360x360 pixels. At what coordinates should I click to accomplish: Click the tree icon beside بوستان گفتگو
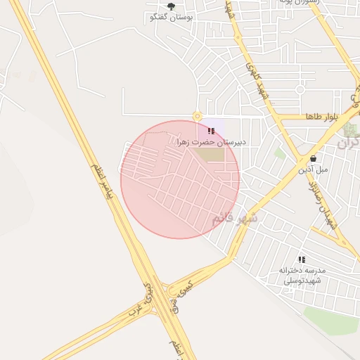171,6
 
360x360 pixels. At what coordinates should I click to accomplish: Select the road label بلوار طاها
322,116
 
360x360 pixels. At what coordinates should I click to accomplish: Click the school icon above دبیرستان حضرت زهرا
212,131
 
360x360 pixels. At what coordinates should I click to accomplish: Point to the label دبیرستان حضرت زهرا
212,142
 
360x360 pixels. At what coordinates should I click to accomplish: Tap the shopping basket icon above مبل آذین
313,158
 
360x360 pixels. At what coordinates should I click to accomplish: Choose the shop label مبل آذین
313,169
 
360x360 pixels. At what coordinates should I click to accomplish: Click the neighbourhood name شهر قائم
235,219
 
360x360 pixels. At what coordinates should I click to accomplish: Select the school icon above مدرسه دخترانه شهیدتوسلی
302,259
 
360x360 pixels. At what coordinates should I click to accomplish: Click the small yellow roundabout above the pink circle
198,116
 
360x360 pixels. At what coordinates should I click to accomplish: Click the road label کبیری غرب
143,301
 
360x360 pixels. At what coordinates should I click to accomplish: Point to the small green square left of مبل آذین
281,153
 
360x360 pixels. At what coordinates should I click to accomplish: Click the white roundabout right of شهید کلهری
300,89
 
